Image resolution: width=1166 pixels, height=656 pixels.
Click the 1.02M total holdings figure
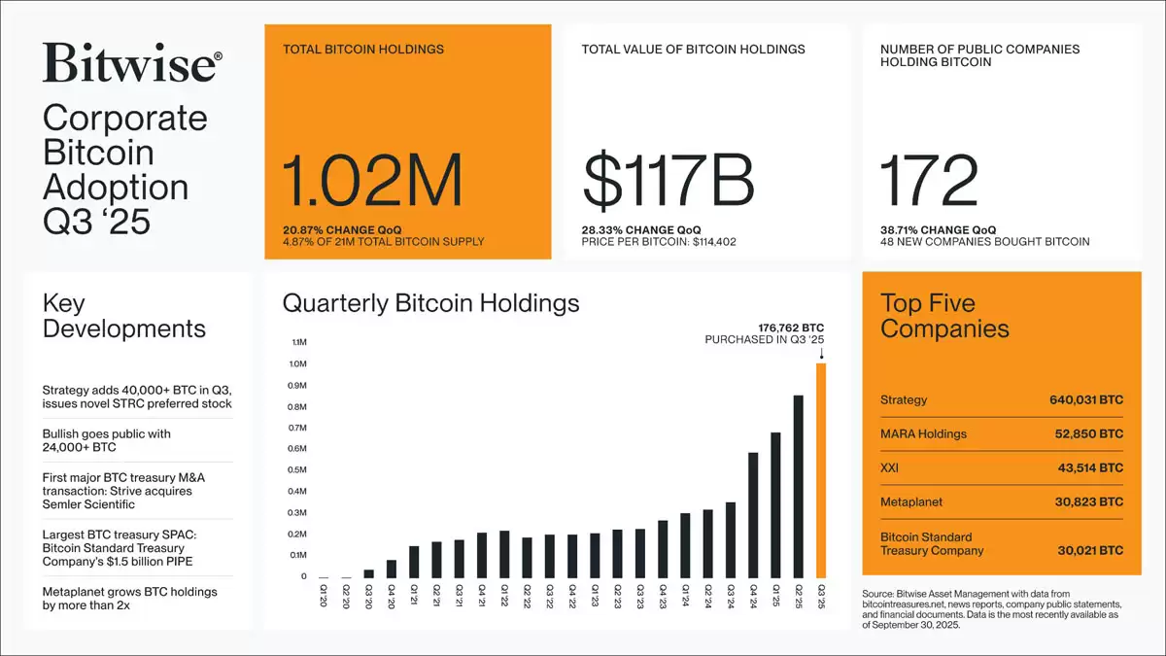pyautogui.click(x=372, y=182)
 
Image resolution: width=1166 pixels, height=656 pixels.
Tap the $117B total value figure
pyautogui.click(x=669, y=182)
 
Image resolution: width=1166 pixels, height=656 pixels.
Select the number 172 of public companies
pyautogui.click(x=928, y=182)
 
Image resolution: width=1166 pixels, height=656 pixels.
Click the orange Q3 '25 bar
pyautogui.click(x=821, y=471)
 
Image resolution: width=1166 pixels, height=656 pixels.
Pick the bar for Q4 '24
pyautogui.click(x=753, y=515)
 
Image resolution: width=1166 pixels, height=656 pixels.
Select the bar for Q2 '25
pyautogui.click(x=799, y=486)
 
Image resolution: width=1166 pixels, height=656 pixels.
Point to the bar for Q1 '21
pyautogui.click(x=414, y=562)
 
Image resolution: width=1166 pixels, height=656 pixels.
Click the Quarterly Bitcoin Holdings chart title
pyautogui.click(x=430, y=303)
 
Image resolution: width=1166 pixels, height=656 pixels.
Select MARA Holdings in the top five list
pyautogui.click(x=923, y=434)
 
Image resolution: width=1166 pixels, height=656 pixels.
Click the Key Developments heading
pyautogui.click(x=123, y=316)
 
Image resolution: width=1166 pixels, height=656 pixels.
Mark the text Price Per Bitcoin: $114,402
pyautogui.click(x=658, y=241)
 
